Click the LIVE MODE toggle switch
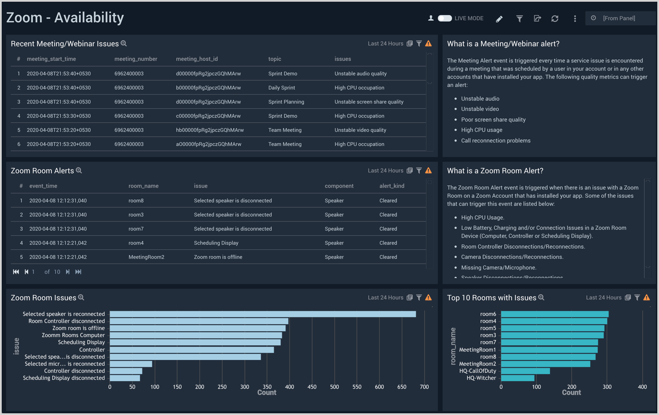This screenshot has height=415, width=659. pos(445,18)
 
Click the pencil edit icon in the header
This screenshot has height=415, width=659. pos(499,19)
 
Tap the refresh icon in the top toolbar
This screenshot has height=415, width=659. pos(555,19)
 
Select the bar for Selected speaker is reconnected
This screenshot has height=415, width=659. pos(263,314)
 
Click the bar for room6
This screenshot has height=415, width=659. pos(554,314)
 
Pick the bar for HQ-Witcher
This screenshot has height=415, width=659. pos(517,378)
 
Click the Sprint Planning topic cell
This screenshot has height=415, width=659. pos(286,102)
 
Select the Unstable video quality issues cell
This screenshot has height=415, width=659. pos(360,130)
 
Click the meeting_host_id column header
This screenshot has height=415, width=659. pos(197,59)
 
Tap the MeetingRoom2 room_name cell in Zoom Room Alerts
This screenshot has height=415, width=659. pos(146,257)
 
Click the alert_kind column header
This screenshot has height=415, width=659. pos(392,186)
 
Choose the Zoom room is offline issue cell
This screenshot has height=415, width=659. pos(218,257)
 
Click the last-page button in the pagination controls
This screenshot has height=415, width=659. pos(78,272)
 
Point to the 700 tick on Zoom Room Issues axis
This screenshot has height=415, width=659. pos(424,387)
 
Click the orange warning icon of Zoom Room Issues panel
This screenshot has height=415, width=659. pos(428,298)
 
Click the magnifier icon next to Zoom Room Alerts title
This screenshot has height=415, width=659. pos(79,171)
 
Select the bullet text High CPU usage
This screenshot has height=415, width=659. pos(482,130)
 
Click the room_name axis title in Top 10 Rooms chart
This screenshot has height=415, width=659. pos(453,346)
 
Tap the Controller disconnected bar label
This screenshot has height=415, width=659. pos(74,371)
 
